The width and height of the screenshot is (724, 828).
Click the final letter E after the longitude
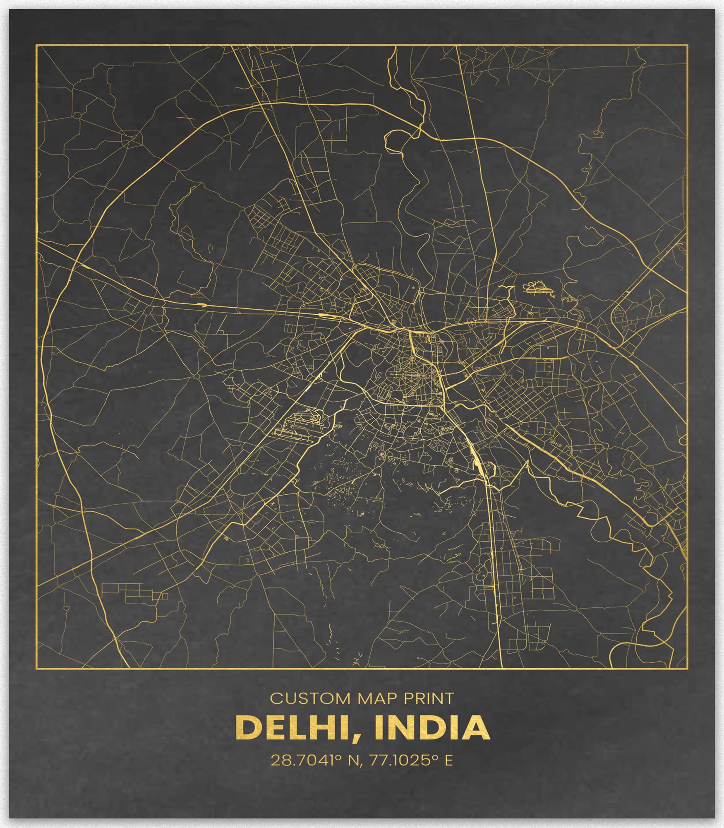pos(448,760)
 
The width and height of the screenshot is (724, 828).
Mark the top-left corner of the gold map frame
pos(36,45)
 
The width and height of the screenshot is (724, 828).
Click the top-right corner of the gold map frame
pos(687,45)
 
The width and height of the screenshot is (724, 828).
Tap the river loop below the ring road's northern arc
pos(395,141)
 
